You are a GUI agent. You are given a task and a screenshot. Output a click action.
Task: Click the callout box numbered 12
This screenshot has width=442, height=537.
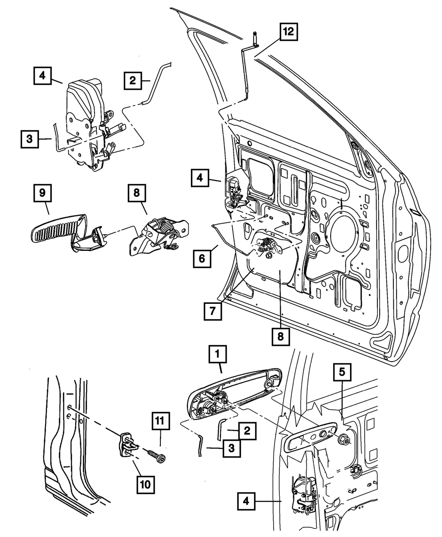289,32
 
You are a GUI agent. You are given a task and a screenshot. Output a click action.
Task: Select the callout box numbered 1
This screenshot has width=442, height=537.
217,354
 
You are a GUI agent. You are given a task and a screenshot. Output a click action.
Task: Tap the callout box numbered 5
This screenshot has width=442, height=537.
342,372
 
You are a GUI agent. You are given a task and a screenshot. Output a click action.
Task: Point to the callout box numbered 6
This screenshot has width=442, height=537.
202,259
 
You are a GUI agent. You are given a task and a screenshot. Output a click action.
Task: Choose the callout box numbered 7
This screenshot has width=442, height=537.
213,311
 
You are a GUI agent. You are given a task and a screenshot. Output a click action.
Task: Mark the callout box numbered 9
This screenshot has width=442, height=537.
42,193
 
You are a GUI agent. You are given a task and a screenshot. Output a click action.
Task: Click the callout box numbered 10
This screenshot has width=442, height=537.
145,485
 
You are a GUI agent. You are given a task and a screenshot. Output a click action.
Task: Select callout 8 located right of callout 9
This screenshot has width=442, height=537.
137,193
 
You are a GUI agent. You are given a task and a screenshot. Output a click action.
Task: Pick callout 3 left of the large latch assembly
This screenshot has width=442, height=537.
30,139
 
